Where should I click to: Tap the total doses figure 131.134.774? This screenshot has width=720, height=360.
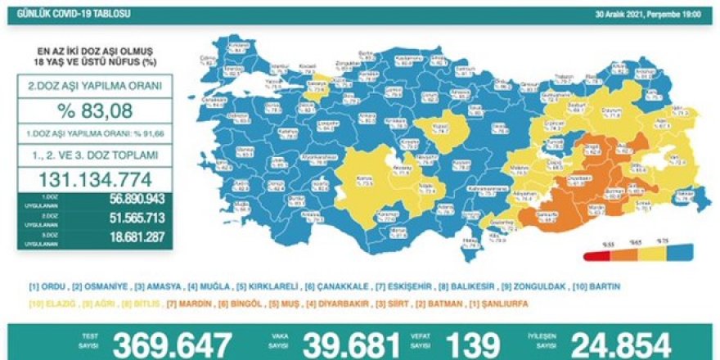97,179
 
